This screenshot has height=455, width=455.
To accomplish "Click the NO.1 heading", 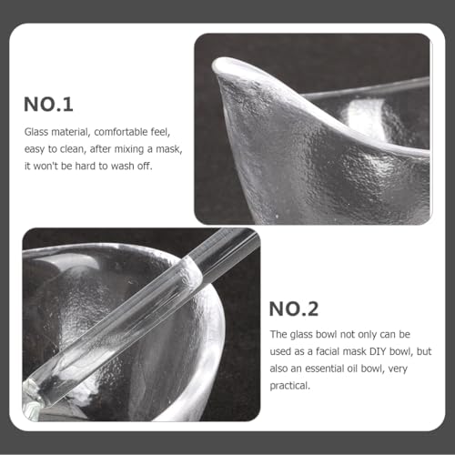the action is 48,105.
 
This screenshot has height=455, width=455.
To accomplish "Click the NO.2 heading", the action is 294,308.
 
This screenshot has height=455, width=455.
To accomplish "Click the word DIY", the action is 378,351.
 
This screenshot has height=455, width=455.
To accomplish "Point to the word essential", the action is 325,369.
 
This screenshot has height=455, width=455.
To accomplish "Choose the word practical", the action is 290,386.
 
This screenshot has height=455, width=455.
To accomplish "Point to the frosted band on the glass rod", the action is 192,271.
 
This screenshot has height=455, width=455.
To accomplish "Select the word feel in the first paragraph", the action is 160,132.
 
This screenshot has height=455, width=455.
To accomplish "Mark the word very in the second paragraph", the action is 398,369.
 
